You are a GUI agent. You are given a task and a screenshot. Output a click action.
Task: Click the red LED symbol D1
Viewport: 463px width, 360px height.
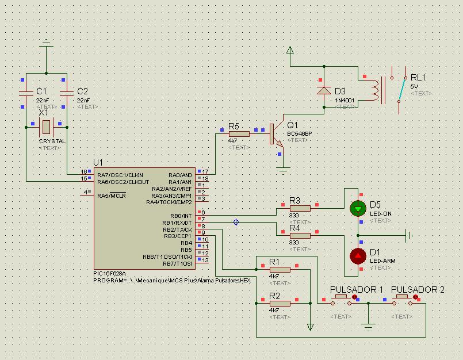(x=358, y=255)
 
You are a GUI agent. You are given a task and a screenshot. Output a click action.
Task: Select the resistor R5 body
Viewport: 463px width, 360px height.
(x=239, y=133)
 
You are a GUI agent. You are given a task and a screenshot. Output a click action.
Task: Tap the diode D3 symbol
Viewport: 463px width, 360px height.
(x=324, y=90)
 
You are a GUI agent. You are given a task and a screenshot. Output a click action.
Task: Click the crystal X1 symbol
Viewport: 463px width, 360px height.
(x=47, y=126)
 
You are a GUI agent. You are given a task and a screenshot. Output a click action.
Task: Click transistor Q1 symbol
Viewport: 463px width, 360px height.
(x=276, y=134)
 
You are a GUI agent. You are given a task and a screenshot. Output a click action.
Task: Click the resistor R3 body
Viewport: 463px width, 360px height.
(x=300, y=208)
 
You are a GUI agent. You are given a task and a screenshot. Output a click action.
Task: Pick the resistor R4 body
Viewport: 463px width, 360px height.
(x=300, y=235)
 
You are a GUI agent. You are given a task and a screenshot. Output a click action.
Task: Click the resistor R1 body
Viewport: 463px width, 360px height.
(x=280, y=269)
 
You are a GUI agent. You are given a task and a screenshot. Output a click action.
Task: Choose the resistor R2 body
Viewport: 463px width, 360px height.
(x=280, y=303)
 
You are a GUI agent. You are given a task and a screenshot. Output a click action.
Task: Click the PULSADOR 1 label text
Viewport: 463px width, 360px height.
(x=356, y=289)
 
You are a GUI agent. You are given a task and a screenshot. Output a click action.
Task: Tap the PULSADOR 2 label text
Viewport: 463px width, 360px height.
(x=418, y=289)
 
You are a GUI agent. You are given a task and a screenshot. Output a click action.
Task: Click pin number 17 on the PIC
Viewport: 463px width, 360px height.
(x=205, y=171)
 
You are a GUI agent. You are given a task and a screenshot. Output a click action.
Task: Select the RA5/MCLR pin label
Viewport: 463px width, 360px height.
(x=112, y=196)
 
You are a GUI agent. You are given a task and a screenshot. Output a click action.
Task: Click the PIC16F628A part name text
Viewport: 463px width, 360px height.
(x=109, y=274)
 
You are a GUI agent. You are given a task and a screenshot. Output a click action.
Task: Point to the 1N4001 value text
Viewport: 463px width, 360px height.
(x=345, y=101)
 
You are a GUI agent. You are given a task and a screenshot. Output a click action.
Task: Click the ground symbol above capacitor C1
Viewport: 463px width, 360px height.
(x=47, y=44)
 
